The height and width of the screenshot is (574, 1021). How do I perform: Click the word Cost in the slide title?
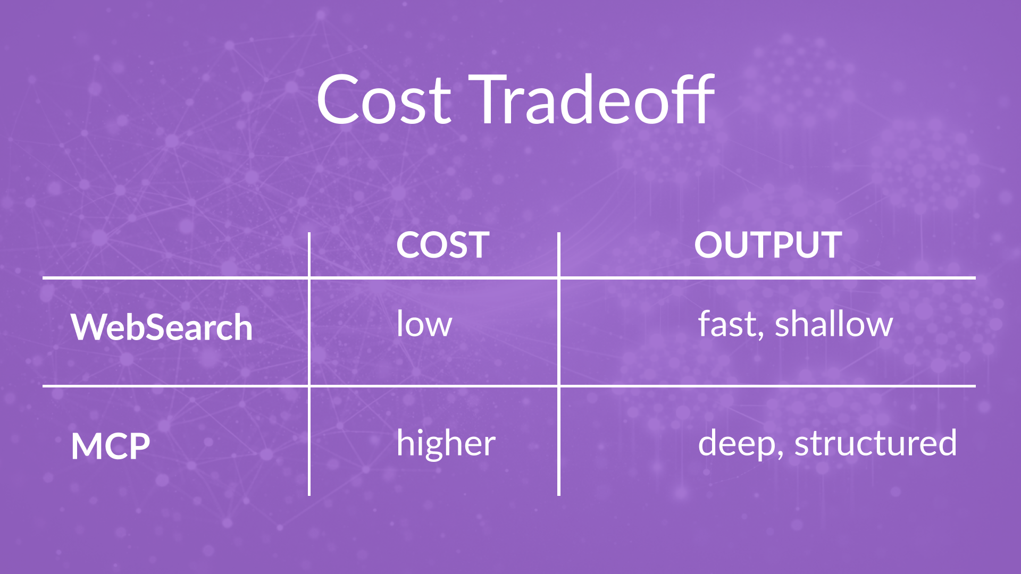tap(384, 99)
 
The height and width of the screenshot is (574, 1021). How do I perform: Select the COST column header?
tap(442, 245)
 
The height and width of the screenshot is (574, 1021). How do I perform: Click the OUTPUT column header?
tap(768, 245)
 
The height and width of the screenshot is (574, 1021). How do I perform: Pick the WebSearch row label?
tap(162, 326)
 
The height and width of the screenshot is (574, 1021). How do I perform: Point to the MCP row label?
tap(111, 446)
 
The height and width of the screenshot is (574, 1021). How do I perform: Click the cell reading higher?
tap(446, 443)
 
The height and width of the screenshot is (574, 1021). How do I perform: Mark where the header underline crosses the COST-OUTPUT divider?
tap(559, 278)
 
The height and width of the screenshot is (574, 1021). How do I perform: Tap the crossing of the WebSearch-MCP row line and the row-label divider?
tap(309, 386)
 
